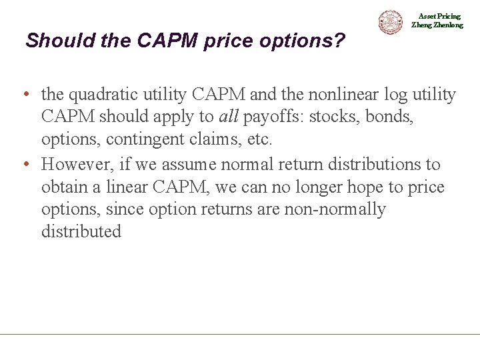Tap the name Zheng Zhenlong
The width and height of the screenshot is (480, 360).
(x=437, y=25)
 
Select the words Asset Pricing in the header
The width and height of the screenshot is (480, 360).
(x=439, y=16)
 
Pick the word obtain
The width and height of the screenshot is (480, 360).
(x=63, y=187)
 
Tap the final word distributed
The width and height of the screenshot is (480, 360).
(x=81, y=233)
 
